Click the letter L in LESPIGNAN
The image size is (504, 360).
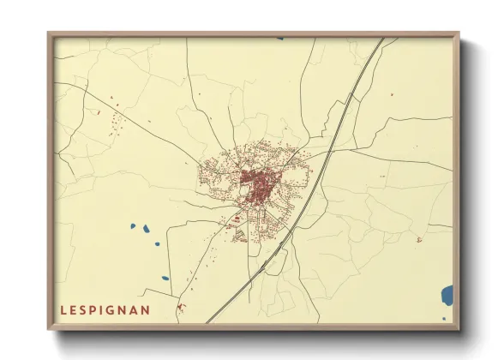click(64, 309)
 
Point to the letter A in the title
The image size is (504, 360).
click(135, 309)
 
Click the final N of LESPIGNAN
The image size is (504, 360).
click(147, 309)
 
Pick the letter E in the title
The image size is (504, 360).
click(74, 309)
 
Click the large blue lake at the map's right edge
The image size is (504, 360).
click(447, 297)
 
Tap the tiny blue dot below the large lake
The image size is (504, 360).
click(444, 319)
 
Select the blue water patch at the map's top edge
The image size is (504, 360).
click(279, 38)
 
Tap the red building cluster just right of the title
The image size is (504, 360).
click(181, 306)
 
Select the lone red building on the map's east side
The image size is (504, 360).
click(418, 240)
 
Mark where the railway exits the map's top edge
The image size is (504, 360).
click(381, 38)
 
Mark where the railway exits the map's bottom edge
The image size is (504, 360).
click(207, 322)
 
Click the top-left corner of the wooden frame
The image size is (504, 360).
click(49, 33)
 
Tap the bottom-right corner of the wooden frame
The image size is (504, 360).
click(459, 329)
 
